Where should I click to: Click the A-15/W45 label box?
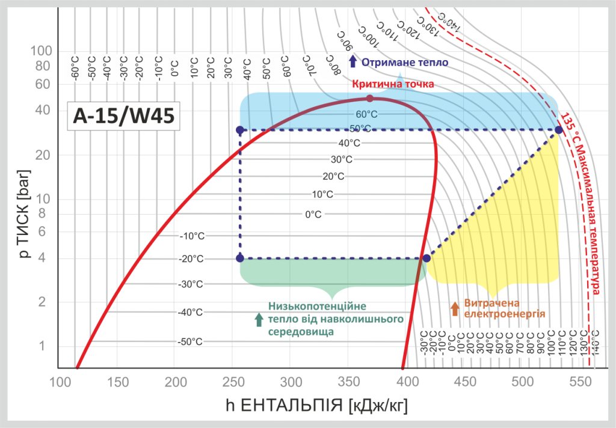pyautogui.click(x=123, y=116)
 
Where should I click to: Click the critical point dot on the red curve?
pyautogui.click(x=370, y=98)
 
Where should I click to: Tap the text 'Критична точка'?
pyautogui.click(x=393, y=84)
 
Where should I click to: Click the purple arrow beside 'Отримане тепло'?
pyautogui.click(x=353, y=61)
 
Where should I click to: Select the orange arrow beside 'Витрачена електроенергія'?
pyautogui.click(x=455, y=308)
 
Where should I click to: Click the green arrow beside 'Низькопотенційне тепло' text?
pyautogui.click(x=259, y=319)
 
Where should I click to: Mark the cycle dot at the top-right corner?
pyautogui.click(x=558, y=130)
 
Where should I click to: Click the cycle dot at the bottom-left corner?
pyautogui.click(x=240, y=258)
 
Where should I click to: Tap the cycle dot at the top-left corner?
pyautogui.click(x=240, y=130)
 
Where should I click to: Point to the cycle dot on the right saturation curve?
pyautogui.click(x=427, y=258)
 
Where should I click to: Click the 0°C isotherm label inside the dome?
pyautogui.click(x=313, y=214)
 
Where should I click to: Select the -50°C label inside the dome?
pyautogui.click(x=191, y=341)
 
